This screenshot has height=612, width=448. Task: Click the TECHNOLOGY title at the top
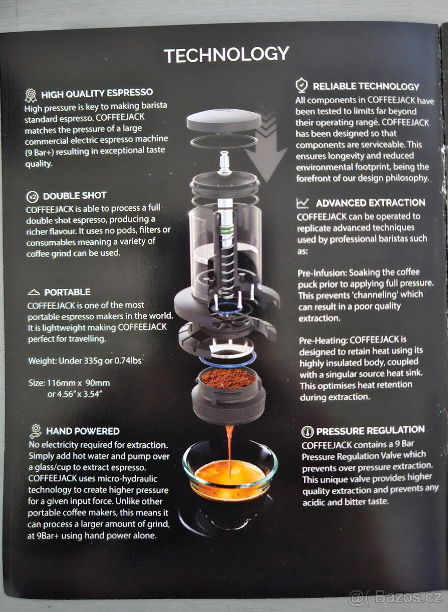pos(226,55)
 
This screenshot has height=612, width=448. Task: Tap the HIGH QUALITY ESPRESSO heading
pos(97,93)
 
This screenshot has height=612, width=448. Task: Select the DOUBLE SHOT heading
pos(74,196)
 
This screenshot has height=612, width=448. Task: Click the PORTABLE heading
pos(67,292)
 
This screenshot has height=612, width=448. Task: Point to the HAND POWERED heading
pos(83,431)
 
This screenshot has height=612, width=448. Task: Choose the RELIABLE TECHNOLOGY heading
pos(365,87)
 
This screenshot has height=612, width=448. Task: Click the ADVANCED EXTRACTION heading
pos(370,203)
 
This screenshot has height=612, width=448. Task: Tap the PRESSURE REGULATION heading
pos(370,430)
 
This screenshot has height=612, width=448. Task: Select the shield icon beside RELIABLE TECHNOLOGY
pos(302,85)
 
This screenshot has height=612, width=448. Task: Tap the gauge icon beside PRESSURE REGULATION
pos(307,431)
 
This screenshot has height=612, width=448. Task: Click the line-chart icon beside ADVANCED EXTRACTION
pos(303,203)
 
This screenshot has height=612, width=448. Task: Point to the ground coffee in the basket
pos(228,378)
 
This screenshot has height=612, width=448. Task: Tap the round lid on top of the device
pos(224,119)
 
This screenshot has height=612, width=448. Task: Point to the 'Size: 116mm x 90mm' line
pos(69,382)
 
